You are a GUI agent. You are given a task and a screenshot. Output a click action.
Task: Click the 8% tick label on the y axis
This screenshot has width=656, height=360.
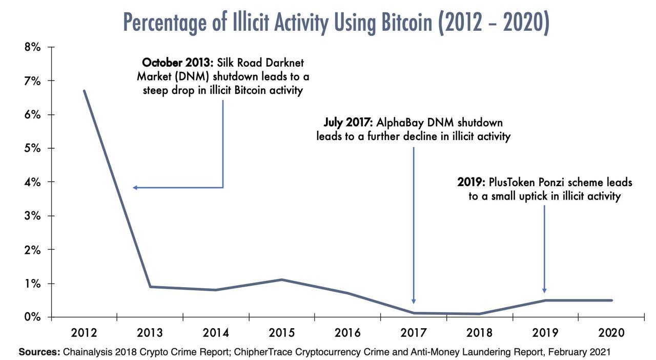(x=32, y=47)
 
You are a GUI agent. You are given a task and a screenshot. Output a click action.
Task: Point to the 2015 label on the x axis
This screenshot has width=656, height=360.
(x=282, y=333)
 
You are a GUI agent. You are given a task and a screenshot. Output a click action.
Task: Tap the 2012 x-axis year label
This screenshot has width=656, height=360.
(x=84, y=333)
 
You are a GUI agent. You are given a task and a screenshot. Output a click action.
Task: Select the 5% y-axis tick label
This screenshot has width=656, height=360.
(x=32, y=148)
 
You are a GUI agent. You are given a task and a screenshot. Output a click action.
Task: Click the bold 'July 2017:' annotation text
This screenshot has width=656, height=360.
(x=348, y=123)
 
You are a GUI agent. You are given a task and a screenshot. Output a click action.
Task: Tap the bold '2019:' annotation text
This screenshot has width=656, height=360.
(x=471, y=182)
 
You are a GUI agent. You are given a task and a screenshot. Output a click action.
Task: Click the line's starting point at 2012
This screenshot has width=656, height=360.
(x=84, y=91)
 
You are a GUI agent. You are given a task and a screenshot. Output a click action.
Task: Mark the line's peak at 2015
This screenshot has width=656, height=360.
(x=282, y=279)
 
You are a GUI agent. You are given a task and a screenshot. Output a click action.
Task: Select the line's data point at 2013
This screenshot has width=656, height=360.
(x=150, y=287)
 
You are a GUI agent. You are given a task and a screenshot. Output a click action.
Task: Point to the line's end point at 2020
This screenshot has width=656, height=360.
(x=611, y=301)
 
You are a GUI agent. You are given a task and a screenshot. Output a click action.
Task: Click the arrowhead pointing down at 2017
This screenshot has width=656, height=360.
(x=414, y=301)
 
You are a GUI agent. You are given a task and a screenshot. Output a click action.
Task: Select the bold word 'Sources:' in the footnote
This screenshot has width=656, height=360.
(x=39, y=352)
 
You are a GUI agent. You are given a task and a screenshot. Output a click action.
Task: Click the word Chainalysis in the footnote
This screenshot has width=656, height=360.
(x=88, y=352)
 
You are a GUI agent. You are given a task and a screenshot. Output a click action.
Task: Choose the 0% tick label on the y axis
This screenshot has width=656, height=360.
(x=32, y=317)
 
